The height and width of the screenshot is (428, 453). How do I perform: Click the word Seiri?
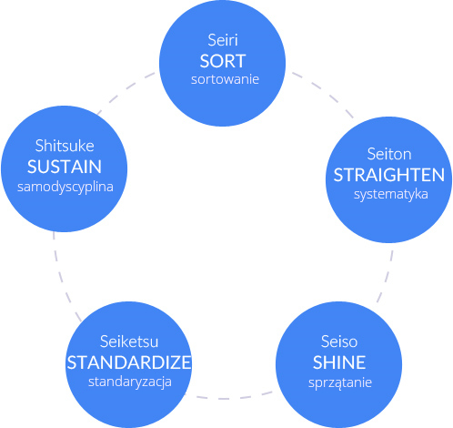point(223,40)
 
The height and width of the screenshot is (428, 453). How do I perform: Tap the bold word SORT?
point(223,61)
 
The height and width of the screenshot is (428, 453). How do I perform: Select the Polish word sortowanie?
point(225,79)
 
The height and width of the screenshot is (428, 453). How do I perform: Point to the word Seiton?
point(389,154)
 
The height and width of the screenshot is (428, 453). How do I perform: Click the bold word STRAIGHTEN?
point(389,175)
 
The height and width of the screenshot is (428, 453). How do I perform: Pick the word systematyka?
point(391,194)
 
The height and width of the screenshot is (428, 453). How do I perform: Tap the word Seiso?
point(339,341)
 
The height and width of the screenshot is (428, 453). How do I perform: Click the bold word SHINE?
point(339,362)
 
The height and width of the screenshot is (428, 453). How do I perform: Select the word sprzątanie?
point(340,382)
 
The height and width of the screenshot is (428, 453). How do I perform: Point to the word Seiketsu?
point(129,341)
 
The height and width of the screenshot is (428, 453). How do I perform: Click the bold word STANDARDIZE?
point(129,362)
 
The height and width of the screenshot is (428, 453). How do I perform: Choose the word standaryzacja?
point(130,382)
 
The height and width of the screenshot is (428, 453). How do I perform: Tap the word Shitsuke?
point(65,146)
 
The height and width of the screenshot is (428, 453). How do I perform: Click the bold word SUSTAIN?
point(65,167)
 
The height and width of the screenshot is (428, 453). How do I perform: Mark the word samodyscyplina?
point(65,187)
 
